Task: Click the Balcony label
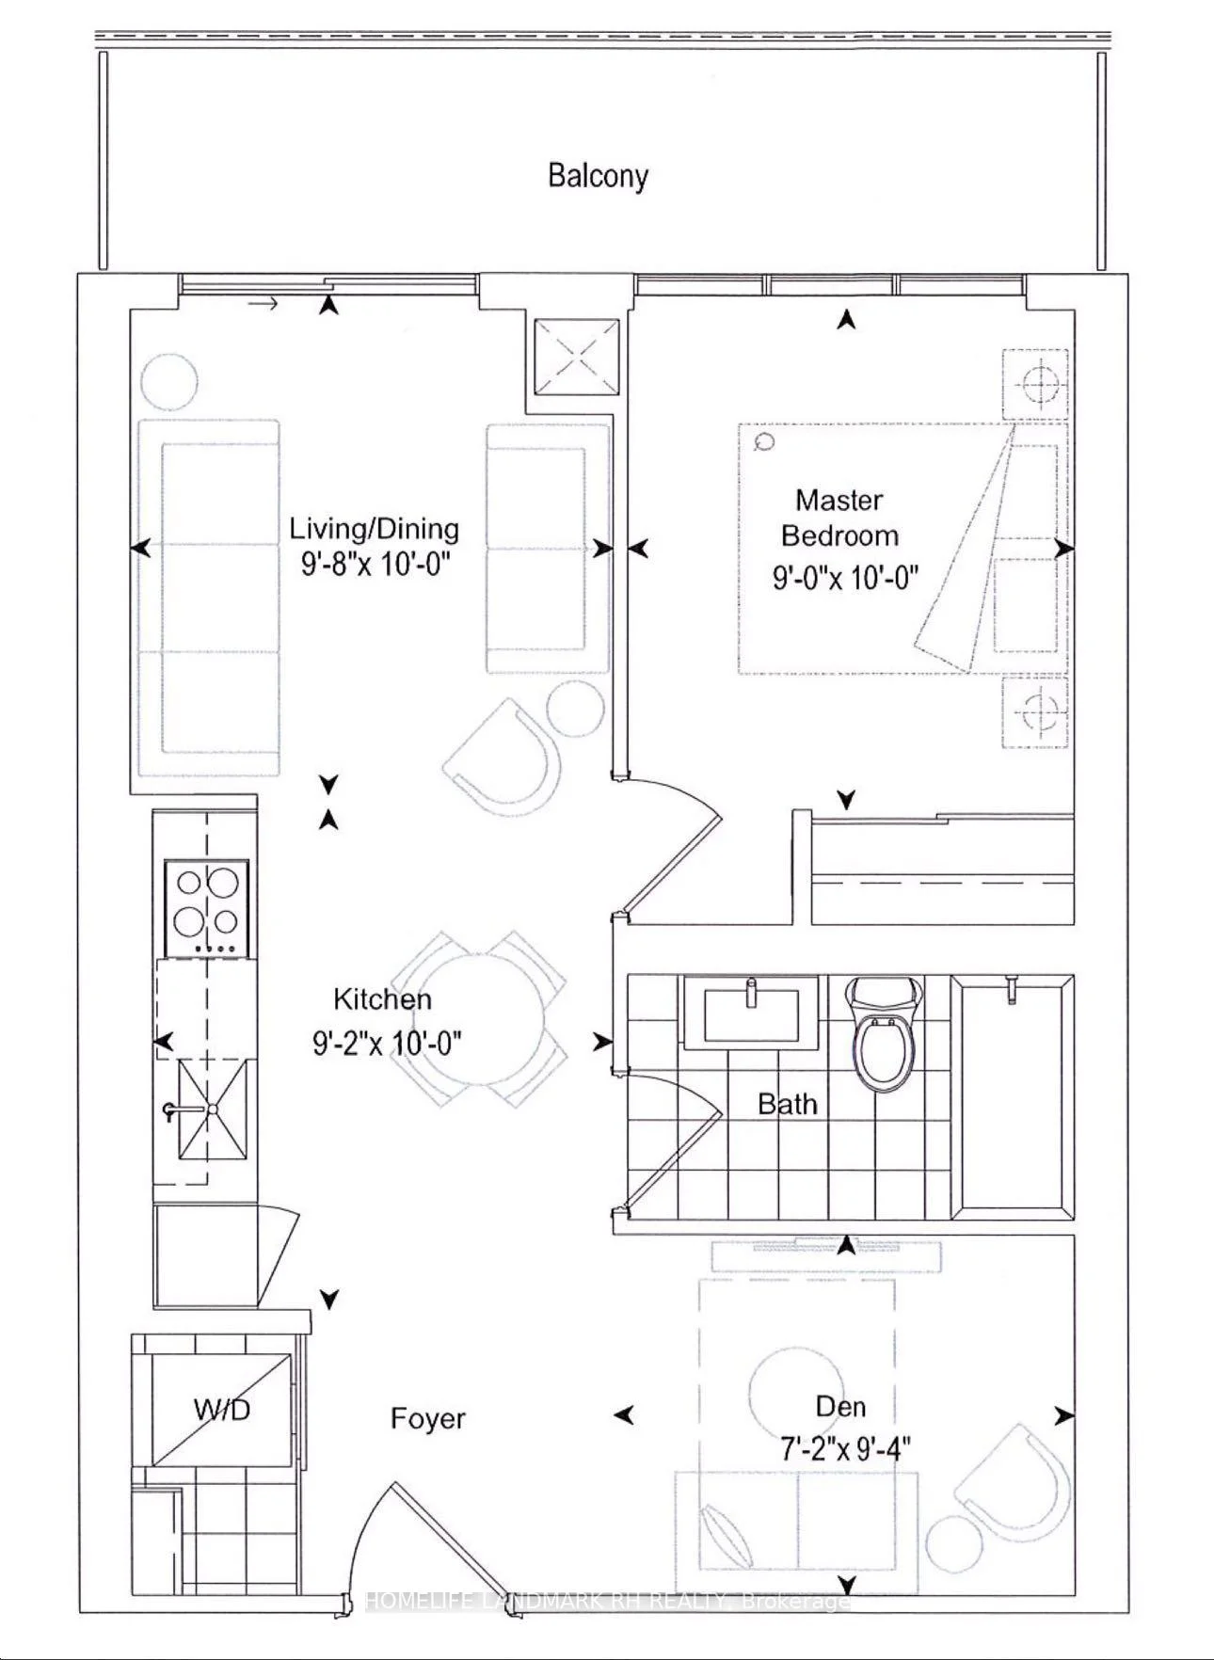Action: (x=599, y=176)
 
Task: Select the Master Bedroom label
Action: (x=839, y=518)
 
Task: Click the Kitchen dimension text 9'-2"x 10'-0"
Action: (x=388, y=1043)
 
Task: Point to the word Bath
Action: (x=788, y=1104)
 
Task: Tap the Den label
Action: (x=841, y=1407)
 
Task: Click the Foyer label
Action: (x=428, y=1418)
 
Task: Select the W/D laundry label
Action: (x=222, y=1410)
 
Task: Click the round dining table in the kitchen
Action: (x=480, y=1018)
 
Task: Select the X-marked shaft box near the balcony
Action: (x=577, y=359)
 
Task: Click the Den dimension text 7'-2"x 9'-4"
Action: (x=839, y=1445)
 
